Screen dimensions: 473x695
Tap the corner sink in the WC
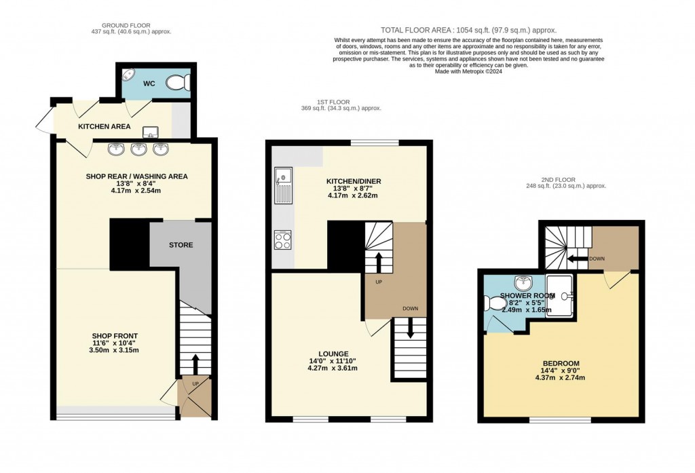click(128, 75)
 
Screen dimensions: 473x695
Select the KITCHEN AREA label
click(104, 126)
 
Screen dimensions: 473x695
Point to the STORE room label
click(181, 245)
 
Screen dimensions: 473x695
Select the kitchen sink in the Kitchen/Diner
click(282, 185)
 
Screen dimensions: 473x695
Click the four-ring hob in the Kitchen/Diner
click(282, 240)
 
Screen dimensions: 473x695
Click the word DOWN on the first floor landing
click(410, 309)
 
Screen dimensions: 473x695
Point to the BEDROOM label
click(561, 363)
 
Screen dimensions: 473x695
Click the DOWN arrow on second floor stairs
click(576, 259)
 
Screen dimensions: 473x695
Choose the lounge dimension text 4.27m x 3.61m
click(333, 368)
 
